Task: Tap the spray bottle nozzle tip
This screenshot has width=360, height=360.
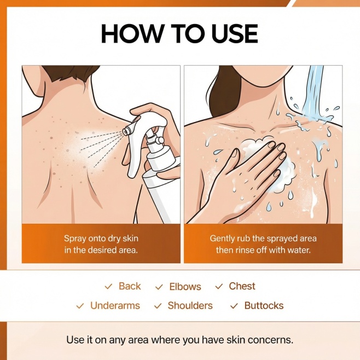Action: pos(126,131)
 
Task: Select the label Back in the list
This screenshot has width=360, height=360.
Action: pos(130,286)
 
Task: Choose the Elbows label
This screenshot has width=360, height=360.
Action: pos(185,287)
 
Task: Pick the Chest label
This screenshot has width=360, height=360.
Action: pos(242,286)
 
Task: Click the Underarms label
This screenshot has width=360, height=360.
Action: pos(115,306)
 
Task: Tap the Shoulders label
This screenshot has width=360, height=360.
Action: pos(190,306)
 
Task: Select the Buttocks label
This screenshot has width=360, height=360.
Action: pos(264,306)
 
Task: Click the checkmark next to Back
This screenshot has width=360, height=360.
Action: pos(108,287)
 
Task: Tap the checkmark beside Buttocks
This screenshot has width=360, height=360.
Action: pos(234,306)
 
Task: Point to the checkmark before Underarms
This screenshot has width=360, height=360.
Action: pos(80,306)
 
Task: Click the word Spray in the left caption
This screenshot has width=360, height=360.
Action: pos(75,239)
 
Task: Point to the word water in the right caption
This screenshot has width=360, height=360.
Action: pos(299,250)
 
